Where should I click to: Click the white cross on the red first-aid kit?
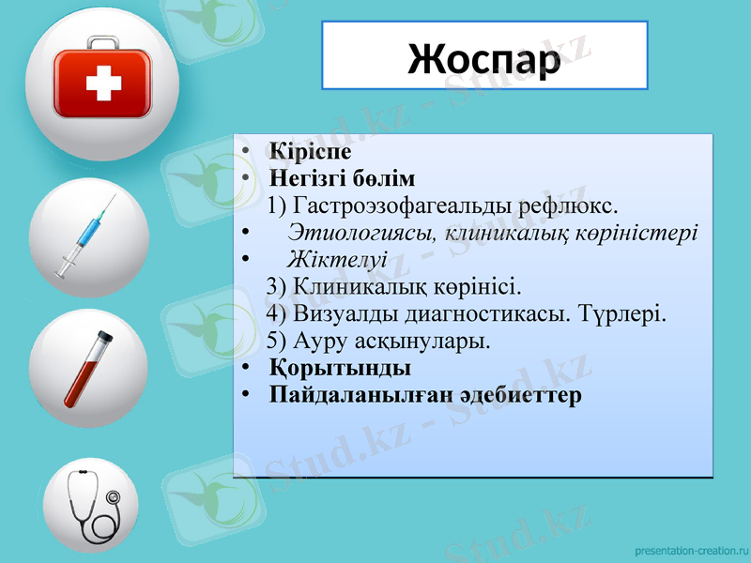103,86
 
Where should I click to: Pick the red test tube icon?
87,369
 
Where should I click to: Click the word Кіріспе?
310,151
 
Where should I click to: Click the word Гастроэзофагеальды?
401,205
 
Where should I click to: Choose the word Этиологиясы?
362,232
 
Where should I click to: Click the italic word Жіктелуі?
338,258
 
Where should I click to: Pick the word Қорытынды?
340,367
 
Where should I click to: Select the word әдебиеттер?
521,394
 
